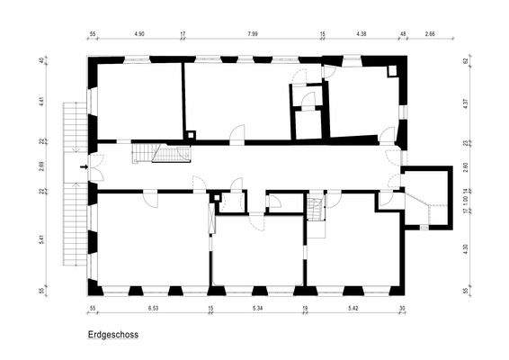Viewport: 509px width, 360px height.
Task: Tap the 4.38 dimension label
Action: click(x=361, y=34)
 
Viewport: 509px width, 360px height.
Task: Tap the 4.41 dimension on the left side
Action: click(x=41, y=102)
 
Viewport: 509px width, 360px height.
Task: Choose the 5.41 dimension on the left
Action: click(x=41, y=240)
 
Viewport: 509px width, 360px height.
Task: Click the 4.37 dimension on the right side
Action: click(x=466, y=101)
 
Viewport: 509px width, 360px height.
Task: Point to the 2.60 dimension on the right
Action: click(x=466, y=166)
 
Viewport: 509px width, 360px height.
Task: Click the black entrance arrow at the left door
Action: click(x=84, y=166)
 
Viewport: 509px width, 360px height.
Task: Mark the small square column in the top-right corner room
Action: click(x=392, y=70)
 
